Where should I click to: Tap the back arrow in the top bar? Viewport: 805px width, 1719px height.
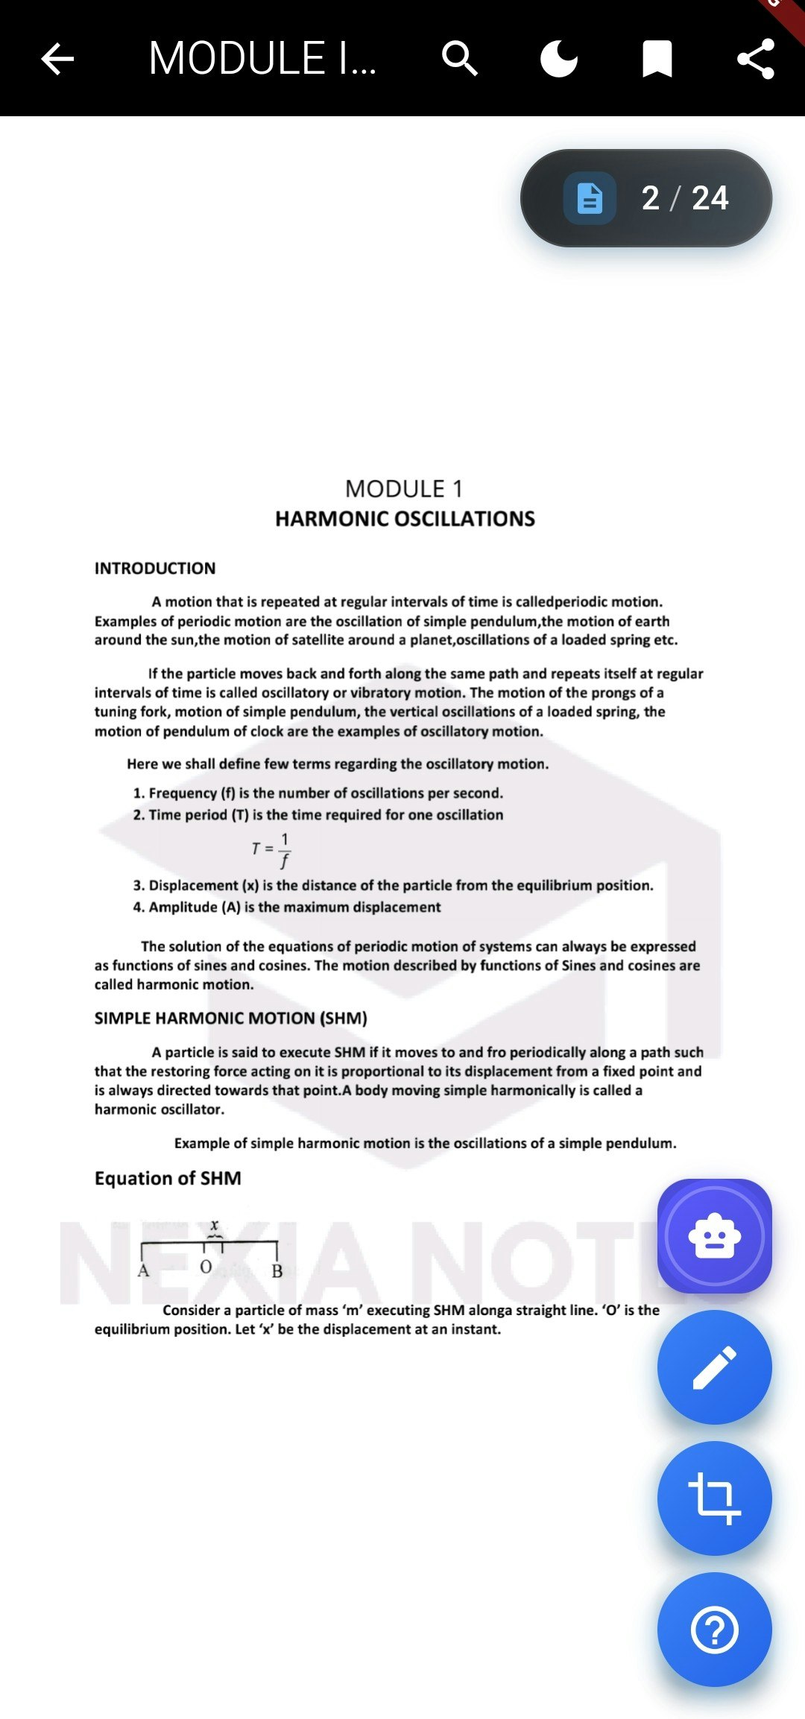click(x=57, y=59)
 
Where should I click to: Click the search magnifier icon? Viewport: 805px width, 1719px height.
click(x=459, y=59)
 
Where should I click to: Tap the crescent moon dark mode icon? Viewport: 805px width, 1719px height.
click(x=558, y=59)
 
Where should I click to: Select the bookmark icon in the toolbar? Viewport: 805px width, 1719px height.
click(x=657, y=59)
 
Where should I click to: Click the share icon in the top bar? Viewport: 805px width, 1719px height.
click(x=755, y=59)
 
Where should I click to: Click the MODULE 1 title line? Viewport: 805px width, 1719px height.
click(x=404, y=489)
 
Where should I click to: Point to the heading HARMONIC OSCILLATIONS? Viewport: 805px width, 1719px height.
click(x=405, y=519)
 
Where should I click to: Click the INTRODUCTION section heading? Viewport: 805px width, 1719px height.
click(x=155, y=569)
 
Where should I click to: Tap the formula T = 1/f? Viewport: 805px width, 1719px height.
click(x=271, y=850)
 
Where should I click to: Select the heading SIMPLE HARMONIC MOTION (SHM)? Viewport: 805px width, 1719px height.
click(x=230, y=1018)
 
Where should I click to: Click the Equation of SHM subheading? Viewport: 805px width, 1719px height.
click(x=168, y=1178)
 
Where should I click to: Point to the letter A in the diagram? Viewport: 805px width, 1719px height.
click(x=143, y=1270)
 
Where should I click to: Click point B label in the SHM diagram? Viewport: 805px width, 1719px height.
click(x=277, y=1271)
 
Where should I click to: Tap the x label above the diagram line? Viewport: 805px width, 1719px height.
click(x=215, y=1225)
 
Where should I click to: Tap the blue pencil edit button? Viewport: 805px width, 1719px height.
click(x=714, y=1367)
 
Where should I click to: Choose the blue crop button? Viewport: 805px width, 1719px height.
click(x=714, y=1498)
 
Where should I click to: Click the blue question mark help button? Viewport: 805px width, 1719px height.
click(x=714, y=1630)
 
